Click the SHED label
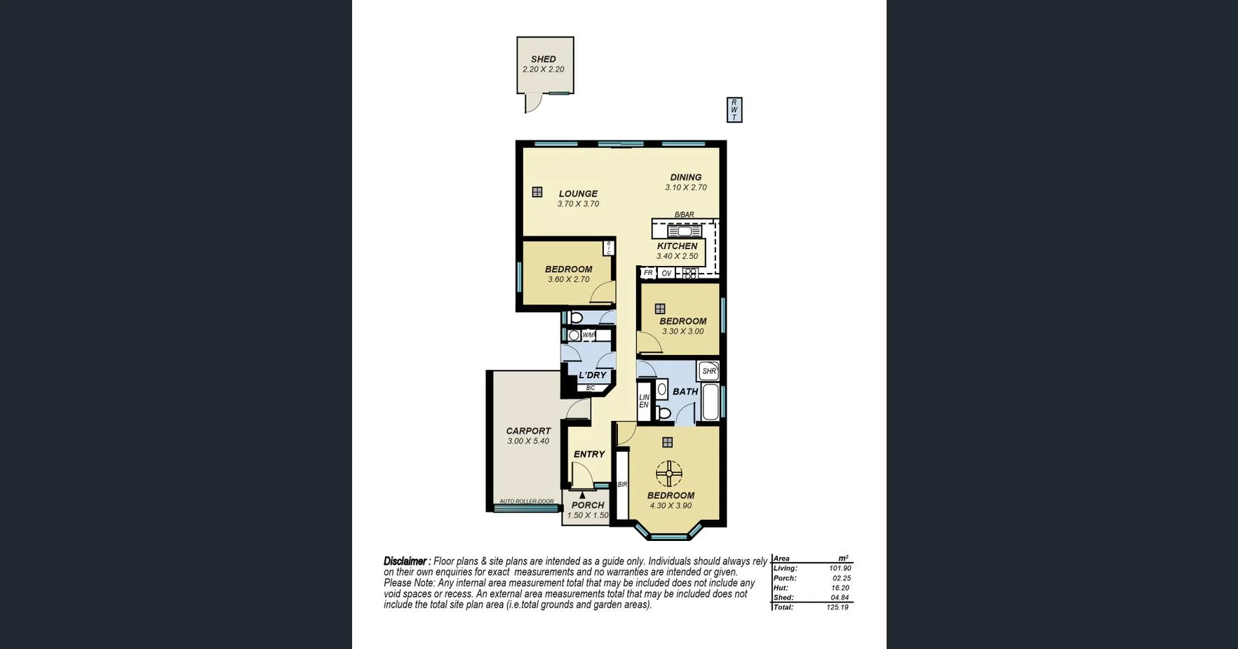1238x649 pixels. tap(543, 60)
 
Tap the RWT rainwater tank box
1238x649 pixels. tap(734, 110)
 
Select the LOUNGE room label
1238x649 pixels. tap(578, 194)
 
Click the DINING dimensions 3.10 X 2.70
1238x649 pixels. tap(685, 188)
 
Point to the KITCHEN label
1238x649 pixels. tap(677, 246)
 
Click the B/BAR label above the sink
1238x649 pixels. tap(684, 215)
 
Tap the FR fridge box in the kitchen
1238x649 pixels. tap(648, 273)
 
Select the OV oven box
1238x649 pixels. tap(666, 273)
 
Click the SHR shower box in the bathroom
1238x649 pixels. tap(708, 371)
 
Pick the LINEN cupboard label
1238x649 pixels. tap(644, 401)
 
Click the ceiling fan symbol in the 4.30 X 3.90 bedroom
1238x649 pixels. tap(669, 474)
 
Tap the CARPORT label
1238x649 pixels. tap(528, 431)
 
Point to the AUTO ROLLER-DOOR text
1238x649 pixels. tap(526, 502)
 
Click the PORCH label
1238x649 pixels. tap(588, 505)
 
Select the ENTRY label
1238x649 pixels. tap(588, 455)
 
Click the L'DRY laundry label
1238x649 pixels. tap(592, 375)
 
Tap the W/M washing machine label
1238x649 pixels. tap(588, 335)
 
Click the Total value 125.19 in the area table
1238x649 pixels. tap(837, 608)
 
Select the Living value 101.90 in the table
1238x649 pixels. tap(840, 568)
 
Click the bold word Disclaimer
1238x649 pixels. tap(405, 561)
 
